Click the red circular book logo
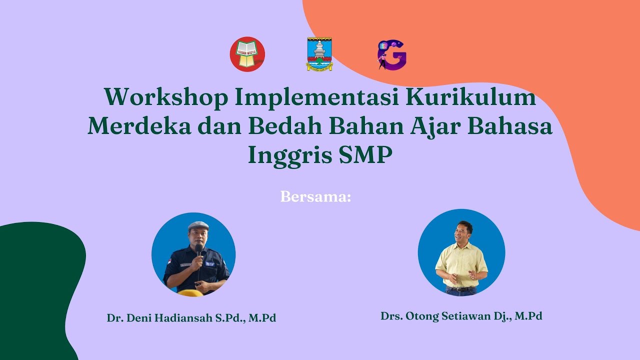tap(247, 54)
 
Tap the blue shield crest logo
tap(319, 54)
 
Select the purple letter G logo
tap(392, 55)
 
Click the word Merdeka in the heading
tap(139, 126)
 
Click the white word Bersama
tap(315, 196)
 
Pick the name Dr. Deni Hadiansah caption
tap(191, 318)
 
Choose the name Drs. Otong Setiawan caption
tap(461, 316)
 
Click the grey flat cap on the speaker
tap(198, 226)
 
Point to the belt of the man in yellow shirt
tap(460, 288)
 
